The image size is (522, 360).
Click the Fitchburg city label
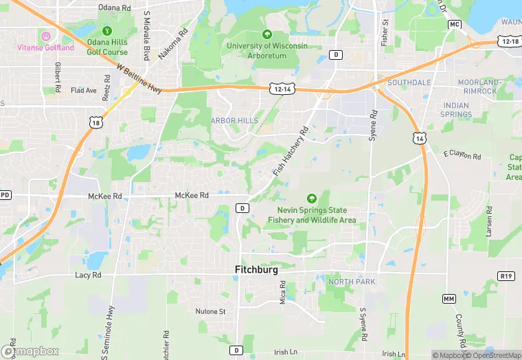pyautogui.click(x=257, y=270)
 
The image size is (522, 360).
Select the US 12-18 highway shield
pyautogui.click(x=510, y=42)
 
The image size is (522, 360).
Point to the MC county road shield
pyautogui.click(x=454, y=24)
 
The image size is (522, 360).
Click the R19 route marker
pyautogui.click(x=506, y=275)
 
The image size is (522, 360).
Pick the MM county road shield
pyautogui.click(x=449, y=299)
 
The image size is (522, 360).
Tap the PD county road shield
pyautogui.click(x=5, y=195)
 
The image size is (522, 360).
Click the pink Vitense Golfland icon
pyautogui.click(x=46, y=36)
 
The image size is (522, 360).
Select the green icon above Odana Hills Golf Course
pyautogui.click(x=107, y=31)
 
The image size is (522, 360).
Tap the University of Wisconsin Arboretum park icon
pyautogui.click(x=267, y=34)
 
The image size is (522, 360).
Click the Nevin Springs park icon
pyautogui.click(x=311, y=199)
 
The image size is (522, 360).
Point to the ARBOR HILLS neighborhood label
pyautogui.click(x=234, y=120)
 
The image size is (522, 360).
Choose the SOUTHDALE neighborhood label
pyautogui.click(x=409, y=82)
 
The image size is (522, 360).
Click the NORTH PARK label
pyautogui.click(x=352, y=282)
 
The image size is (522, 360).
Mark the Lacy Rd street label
pyautogui.click(x=88, y=275)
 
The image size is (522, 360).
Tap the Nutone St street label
pyautogui.click(x=211, y=311)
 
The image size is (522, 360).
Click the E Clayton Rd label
pyautogui.click(x=462, y=155)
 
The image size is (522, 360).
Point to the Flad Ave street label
pyautogui.click(x=84, y=90)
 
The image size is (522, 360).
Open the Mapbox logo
pyautogui.click(x=31, y=351)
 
